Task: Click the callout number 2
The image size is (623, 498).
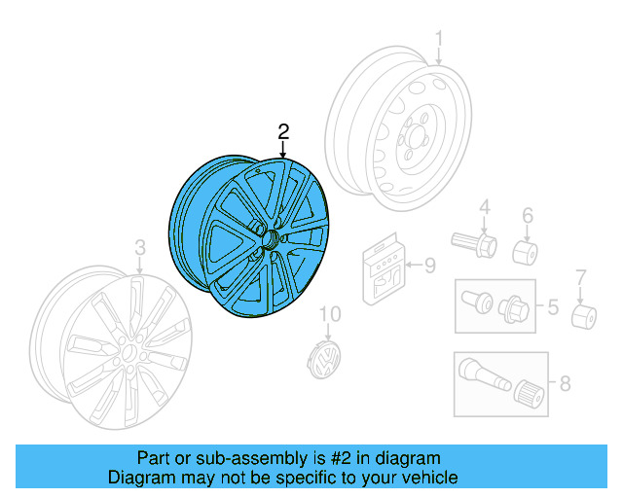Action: point(283,131)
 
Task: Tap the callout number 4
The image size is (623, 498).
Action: point(483,208)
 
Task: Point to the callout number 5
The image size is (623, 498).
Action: point(552,308)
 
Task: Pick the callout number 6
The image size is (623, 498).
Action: point(528,215)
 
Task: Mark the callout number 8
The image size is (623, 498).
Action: point(565,383)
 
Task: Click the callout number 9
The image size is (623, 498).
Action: point(429,264)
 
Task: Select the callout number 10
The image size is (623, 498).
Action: point(331,313)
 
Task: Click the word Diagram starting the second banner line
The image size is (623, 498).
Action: point(137,478)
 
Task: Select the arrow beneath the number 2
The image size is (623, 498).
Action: point(283,150)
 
